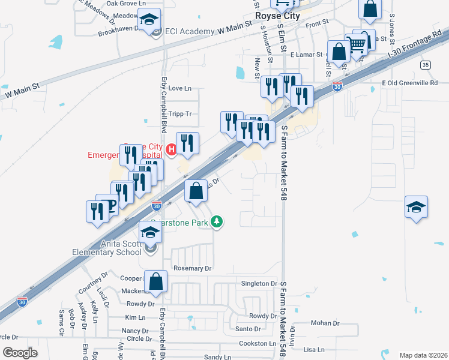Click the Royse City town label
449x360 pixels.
[x=277, y=16]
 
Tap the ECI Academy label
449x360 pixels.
[x=189, y=31]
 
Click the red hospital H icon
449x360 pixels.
[x=172, y=149]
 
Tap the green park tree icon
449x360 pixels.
[x=217, y=222]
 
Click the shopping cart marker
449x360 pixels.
[x=357, y=43]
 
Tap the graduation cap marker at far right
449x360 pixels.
[x=416, y=208]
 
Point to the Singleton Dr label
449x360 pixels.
[x=259, y=283]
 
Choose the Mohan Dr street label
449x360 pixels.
[x=325, y=323]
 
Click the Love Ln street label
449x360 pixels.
[x=180, y=88]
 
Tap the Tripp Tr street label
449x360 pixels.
[x=180, y=113]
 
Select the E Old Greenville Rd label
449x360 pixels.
[x=410, y=82]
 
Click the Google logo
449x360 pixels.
[x=20, y=352]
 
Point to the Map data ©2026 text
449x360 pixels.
[x=423, y=355]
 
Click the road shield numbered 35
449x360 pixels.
[x=426, y=64]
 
